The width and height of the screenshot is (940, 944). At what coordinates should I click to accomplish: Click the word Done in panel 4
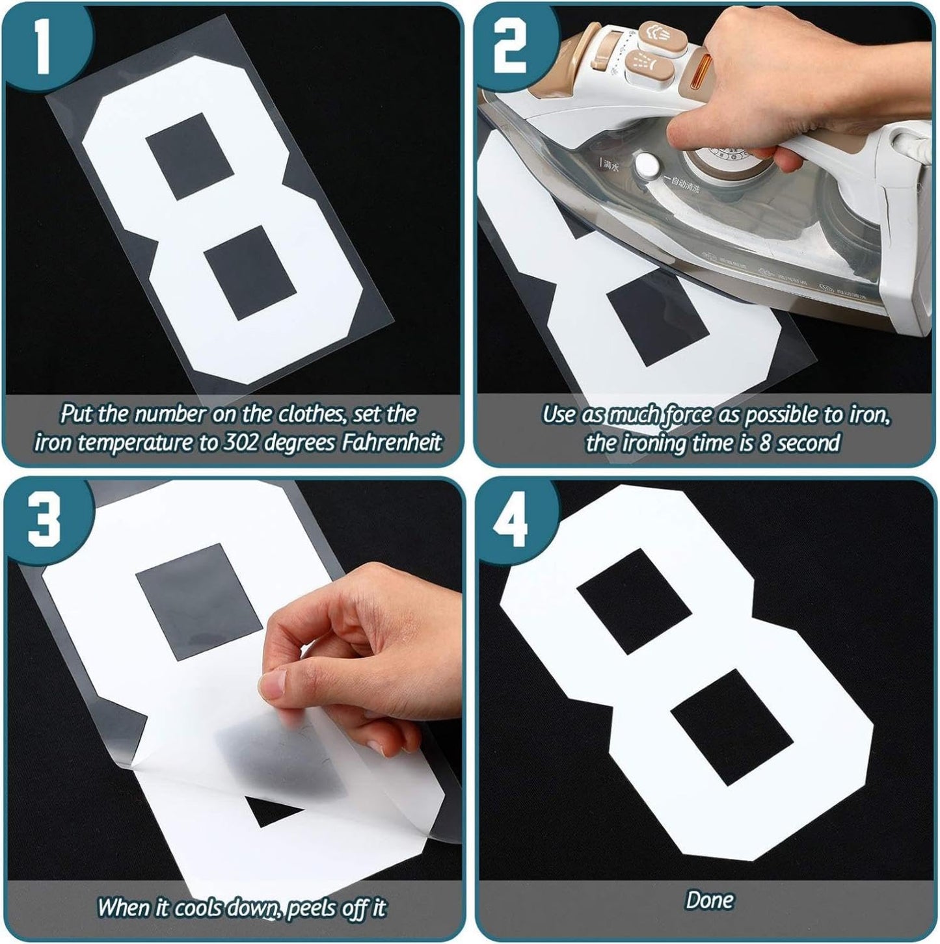[x=709, y=900]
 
